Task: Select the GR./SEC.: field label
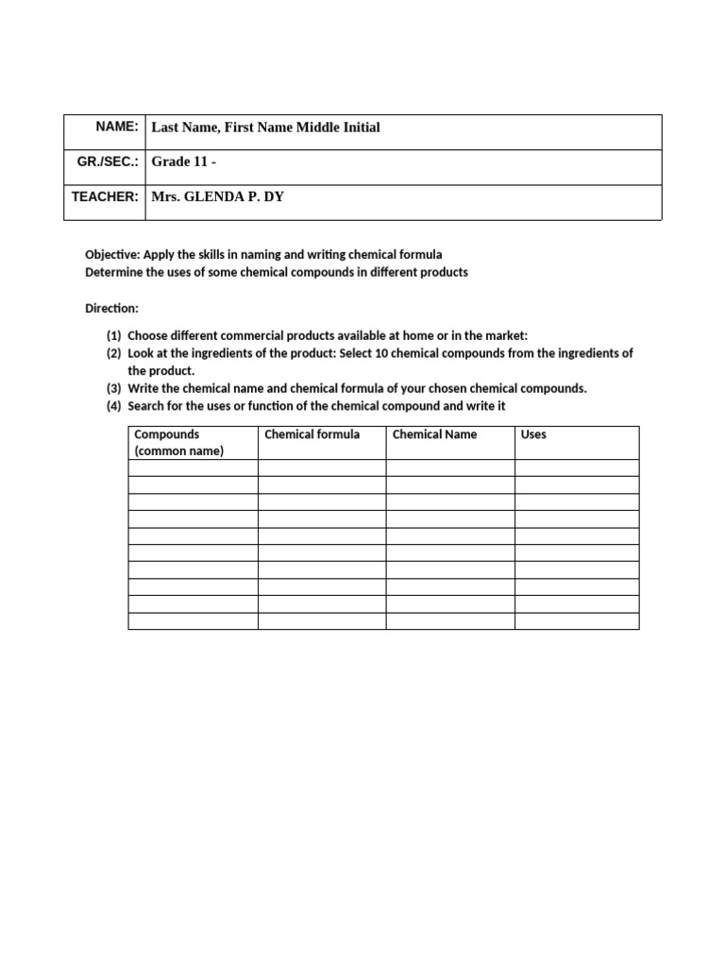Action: click(x=108, y=161)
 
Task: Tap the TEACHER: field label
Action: click(x=106, y=196)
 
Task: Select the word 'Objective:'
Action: click(x=112, y=255)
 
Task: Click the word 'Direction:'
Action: click(x=111, y=309)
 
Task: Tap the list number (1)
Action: click(x=113, y=336)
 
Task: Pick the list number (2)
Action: click(x=113, y=353)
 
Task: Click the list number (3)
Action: click(x=113, y=389)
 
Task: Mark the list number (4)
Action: click(x=113, y=406)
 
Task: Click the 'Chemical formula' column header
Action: click(x=312, y=434)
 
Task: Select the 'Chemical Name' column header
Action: click(x=434, y=434)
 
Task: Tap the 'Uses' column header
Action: click(x=533, y=434)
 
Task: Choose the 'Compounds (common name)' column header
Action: click(x=179, y=442)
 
